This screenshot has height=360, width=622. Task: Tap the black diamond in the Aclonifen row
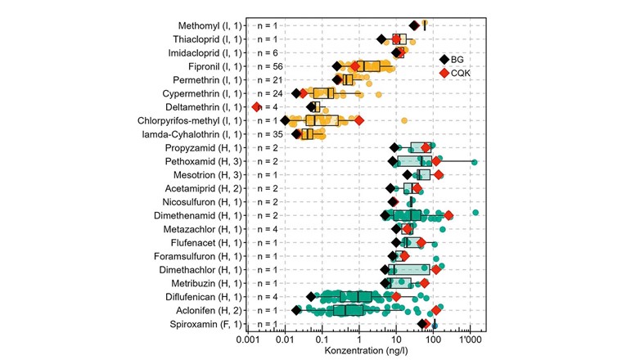click(x=296, y=310)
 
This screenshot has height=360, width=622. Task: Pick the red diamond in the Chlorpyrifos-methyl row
click(x=358, y=120)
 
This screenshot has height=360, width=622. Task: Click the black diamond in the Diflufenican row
click(x=311, y=297)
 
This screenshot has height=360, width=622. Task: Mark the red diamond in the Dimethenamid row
click(x=448, y=215)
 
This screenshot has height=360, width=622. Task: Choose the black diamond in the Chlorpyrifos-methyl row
click(x=285, y=120)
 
